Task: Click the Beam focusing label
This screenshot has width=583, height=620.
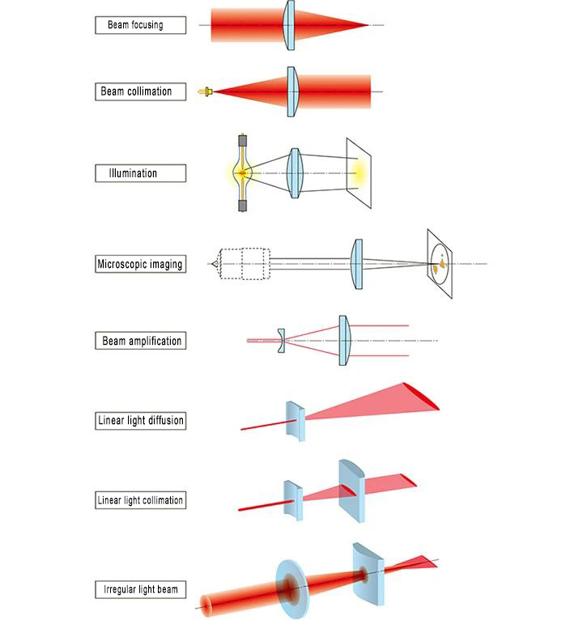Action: [x=135, y=25]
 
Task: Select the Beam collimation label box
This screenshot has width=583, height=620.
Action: [x=136, y=91]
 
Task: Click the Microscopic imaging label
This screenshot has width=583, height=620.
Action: [x=139, y=264]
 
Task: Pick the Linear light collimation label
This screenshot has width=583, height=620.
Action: [x=140, y=500]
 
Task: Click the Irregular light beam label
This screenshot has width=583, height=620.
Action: [x=140, y=588]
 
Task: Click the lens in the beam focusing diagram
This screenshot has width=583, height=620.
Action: [x=290, y=25]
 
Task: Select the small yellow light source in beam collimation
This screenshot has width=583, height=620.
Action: [x=208, y=91]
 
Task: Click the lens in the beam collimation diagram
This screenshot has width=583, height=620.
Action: [x=293, y=91]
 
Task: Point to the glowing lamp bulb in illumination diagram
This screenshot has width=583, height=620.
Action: [x=242, y=172]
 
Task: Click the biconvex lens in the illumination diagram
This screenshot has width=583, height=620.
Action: [x=295, y=173]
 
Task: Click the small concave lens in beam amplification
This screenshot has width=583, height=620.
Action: [x=281, y=341]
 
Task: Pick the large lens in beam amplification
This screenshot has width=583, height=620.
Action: [x=344, y=341]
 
